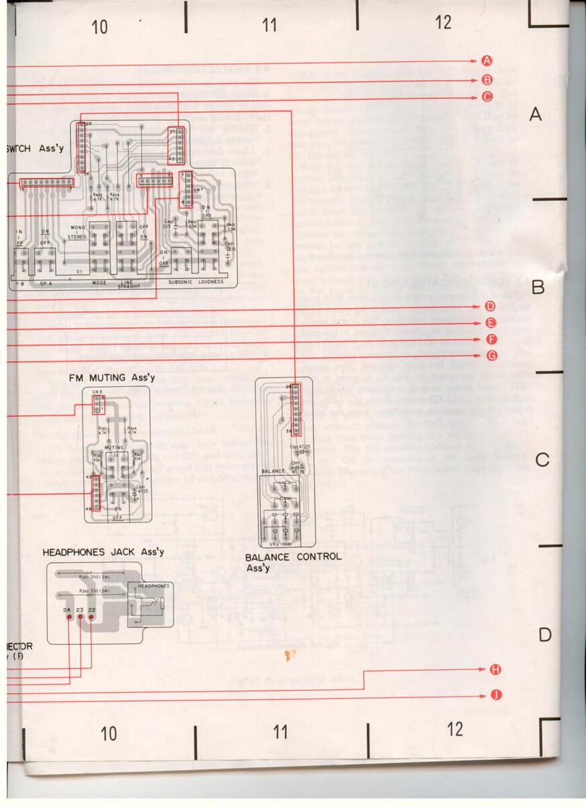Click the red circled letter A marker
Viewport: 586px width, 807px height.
(x=487, y=61)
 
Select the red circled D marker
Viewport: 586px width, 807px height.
(x=491, y=307)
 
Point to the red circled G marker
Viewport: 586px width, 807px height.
(x=493, y=355)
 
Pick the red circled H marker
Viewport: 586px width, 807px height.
(x=495, y=670)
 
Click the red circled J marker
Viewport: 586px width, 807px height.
(x=495, y=695)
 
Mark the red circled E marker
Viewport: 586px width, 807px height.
(x=491, y=323)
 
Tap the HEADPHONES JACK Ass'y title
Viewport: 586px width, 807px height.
(x=103, y=552)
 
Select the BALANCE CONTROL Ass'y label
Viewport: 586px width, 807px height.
(x=293, y=561)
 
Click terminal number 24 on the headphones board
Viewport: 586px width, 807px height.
(x=67, y=610)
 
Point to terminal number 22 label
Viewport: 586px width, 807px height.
(x=92, y=610)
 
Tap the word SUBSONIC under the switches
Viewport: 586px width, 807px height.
(x=181, y=282)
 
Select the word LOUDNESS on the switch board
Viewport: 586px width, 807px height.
(x=210, y=282)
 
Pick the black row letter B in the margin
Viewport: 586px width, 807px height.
(x=537, y=288)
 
